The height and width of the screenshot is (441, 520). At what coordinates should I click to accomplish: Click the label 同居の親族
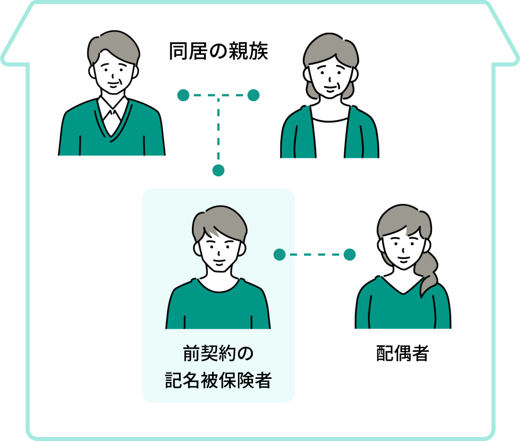pos(218,52)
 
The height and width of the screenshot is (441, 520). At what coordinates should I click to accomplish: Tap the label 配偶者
pos(402,354)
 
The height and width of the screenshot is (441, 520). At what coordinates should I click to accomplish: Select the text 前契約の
pos(218,354)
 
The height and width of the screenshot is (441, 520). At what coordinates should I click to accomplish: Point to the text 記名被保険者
pos(218,381)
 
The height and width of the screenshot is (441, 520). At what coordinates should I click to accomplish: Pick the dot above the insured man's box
pos(218,170)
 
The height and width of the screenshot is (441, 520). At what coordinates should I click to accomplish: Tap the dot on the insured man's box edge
pos(280,255)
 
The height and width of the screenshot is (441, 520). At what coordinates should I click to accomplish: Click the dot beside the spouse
pos(350,255)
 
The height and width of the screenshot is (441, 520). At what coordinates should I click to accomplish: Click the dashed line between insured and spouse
pos(315,255)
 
